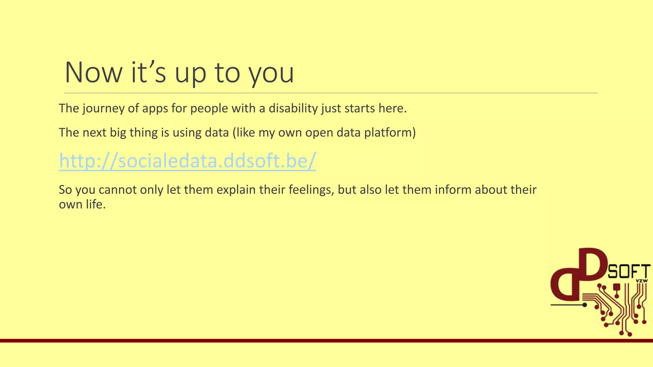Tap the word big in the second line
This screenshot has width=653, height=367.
(118, 133)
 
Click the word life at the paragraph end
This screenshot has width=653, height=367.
(95, 204)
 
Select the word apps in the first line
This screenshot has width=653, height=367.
(155, 109)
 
